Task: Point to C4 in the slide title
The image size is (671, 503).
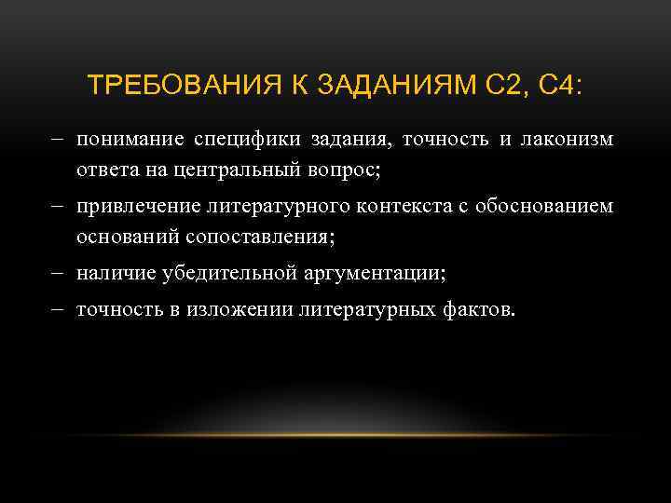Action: click(558, 87)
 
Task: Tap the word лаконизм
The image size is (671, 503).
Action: click(570, 140)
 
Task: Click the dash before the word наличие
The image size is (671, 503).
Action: click(58, 273)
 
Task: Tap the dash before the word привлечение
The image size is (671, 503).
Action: click(58, 207)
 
